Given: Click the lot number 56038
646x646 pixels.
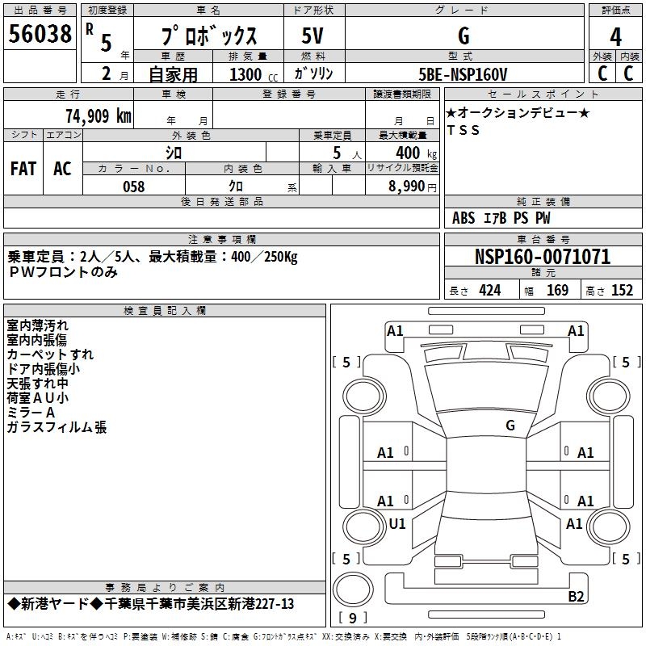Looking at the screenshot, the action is click(x=40, y=34).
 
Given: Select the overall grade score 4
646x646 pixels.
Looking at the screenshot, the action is click(x=615, y=37).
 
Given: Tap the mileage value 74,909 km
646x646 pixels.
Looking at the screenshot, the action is click(x=99, y=116).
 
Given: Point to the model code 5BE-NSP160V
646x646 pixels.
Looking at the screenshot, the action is click(x=463, y=74).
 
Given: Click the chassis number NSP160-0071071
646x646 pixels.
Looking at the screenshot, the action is click(x=543, y=257).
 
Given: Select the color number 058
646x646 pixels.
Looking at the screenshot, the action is click(x=134, y=187).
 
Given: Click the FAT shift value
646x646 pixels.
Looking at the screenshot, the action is click(x=23, y=169).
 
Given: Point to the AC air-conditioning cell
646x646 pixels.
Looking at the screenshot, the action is click(x=63, y=169).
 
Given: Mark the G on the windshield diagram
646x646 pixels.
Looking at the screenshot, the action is click(x=510, y=426).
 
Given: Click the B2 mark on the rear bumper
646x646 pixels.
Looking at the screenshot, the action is click(x=576, y=596).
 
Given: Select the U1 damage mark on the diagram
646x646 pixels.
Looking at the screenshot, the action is click(x=397, y=523).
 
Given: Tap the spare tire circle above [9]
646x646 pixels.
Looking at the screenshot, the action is click(x=353, y=589).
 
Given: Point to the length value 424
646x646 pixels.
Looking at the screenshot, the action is click(x=490, y=291).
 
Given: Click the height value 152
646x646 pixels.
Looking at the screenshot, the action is click(x=622, y=291).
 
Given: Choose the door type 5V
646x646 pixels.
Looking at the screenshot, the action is click(x=313, y=36).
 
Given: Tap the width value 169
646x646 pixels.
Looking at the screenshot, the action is click(x=557, y=291).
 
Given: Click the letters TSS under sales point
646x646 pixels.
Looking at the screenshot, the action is click(x=464, y=130).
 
